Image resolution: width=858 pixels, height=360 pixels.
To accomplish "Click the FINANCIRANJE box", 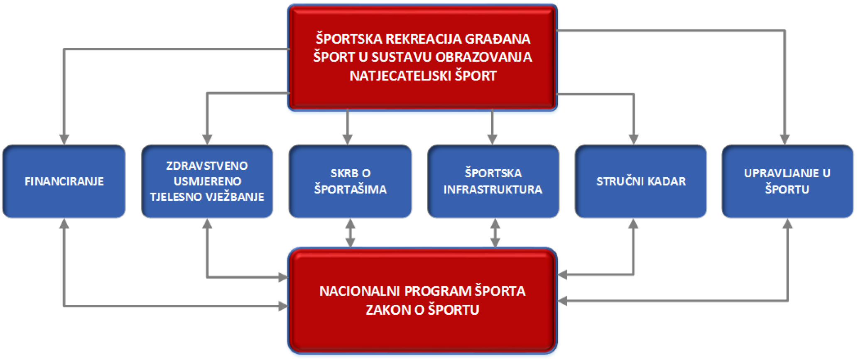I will pyautogui.click(x=64, y=181).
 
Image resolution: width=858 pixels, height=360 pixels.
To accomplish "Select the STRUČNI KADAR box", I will pyautogui.click(x=640, y=181).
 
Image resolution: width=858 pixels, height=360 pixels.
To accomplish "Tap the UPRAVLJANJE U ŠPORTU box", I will pyautogui.click(x=787, y=181).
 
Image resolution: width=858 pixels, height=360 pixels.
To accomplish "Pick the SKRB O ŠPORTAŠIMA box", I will pyautogui.click(x=350, y=181).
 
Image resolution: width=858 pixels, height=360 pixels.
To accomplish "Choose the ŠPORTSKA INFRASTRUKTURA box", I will pyautogui.click(x=493, y=181).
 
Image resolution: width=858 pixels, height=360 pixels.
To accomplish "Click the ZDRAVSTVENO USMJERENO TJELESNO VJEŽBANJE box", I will pyautogui.click(x=207, y=181).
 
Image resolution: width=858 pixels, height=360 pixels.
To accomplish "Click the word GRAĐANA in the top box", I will pyautogui.click(x=497, y=39).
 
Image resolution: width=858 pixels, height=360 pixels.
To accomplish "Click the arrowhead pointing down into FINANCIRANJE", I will pyautogui.click(x=64, y=139).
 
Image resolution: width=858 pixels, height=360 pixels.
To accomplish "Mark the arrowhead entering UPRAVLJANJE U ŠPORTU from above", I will pyautogui.click(x=784, y=139).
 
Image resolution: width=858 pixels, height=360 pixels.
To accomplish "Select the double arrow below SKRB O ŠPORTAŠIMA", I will pyautogui.click(x=350, y=233).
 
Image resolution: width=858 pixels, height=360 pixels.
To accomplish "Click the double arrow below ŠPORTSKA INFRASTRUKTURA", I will pyautogui.click(x=495, y=233).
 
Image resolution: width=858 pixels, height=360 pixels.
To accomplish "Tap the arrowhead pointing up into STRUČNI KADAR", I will pyautogui.click(x=633, y=224).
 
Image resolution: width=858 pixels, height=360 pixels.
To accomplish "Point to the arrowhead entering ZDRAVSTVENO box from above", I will pyautogui.click(x=207, y=139).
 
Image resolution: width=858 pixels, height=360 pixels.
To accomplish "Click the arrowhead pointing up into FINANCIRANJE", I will pyautogui.click(x=64, y=224).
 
